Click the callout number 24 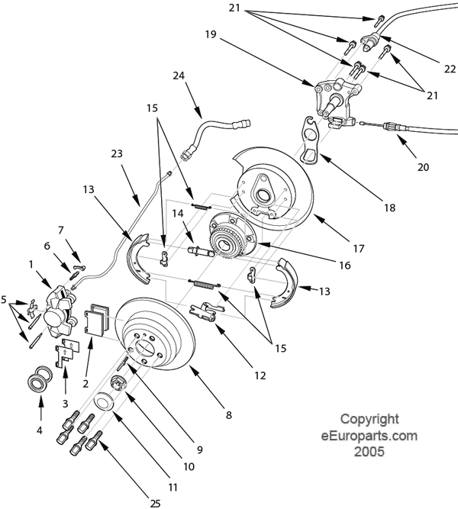point(179,76)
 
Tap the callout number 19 point(211,35)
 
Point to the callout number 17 point(359,249)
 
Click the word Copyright point(369,419)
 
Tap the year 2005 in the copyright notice point(369,451)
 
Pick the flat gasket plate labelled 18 point(309,141)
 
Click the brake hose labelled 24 point(208,130)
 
